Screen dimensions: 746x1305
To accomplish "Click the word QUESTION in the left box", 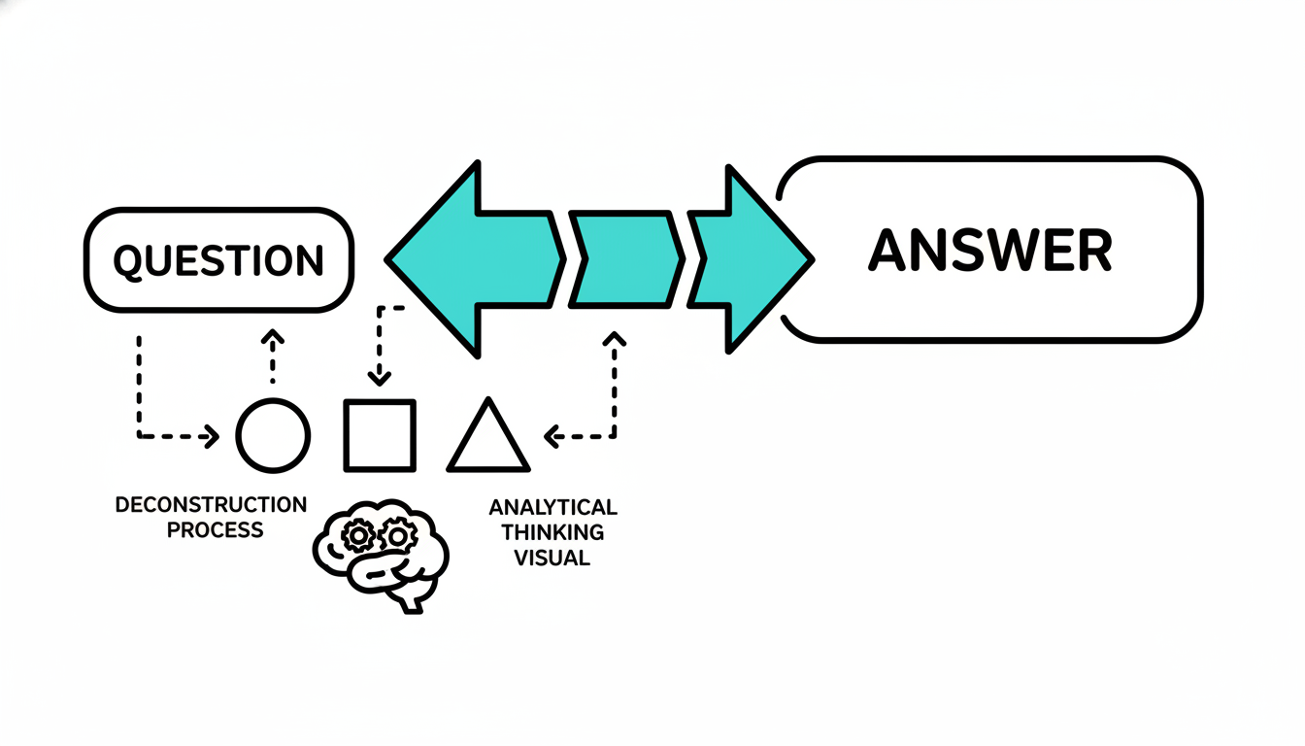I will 218,260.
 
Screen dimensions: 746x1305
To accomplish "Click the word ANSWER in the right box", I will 990,251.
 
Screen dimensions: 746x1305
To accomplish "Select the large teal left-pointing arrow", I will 466,259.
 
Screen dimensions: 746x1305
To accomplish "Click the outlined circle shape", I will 273,435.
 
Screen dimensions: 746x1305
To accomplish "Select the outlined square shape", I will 380,435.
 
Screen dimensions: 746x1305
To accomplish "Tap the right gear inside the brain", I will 399,533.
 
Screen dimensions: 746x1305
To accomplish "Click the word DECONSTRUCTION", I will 211,505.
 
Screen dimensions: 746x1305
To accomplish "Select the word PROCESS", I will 215,530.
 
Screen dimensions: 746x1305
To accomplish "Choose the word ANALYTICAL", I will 552,507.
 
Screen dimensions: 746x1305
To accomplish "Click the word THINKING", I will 552,532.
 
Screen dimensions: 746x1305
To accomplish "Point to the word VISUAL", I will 552,558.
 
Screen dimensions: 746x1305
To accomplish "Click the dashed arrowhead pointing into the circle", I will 211,436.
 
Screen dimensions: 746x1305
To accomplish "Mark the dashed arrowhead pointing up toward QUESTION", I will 273,338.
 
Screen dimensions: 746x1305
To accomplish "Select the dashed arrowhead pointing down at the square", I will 380,376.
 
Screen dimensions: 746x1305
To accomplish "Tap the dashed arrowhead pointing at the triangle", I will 551,436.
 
